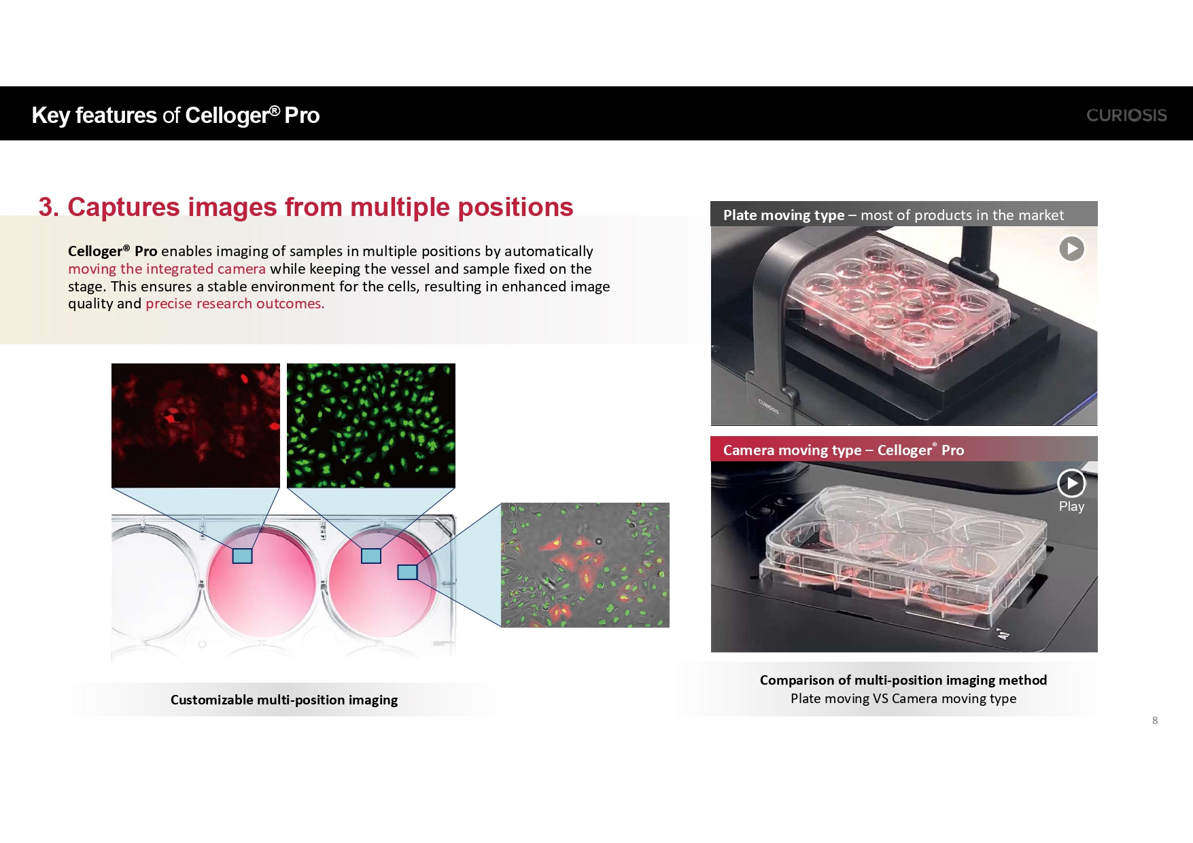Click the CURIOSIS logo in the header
click(1126, 115)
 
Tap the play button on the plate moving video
click(1072, 249)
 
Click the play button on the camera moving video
click(1071, 483)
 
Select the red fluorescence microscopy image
click(196, 425)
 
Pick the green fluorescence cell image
click(371, 425)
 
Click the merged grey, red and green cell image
click(585, 565)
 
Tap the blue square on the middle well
click(243, 556)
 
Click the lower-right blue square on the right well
click(407, 572)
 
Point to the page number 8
click(1155, 721)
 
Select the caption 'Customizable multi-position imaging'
click(284, 700)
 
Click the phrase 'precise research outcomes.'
click(235, 304)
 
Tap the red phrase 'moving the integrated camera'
click(167, 269)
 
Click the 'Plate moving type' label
click(784, 215)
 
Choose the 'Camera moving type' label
click(792, 450)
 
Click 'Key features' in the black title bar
click(94, 115)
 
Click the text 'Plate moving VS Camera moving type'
click(903, 699)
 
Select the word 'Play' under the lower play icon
click(1071, 506)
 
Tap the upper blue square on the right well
click(371, 556)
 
